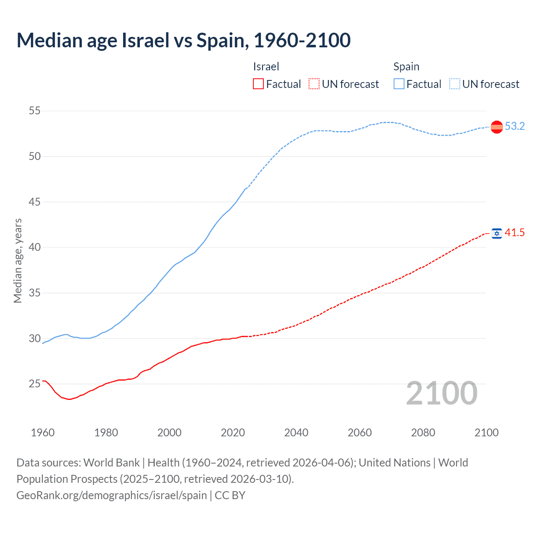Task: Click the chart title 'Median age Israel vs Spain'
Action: coord(183,40)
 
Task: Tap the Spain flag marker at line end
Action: coord(497,126)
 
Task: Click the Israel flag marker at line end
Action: coord(497,233)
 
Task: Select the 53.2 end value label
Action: coord(515,126)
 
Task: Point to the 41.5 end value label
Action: coord(515,233)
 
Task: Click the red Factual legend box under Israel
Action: coord(258,84)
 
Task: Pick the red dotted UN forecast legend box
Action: coord(314,84)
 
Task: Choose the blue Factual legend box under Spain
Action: coord(399,84)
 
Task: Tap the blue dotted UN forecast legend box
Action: coord(455,84)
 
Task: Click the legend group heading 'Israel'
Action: coord(266,67)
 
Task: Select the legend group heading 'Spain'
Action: coord(406,67)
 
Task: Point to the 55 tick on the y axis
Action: coord(34,111)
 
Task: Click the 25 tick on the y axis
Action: coord(34,384)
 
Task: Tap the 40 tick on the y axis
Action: coord(34,247)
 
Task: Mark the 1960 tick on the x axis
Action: coord(43,433)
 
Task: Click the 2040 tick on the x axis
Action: coord(296,433)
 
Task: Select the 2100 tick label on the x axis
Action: coord(486,433)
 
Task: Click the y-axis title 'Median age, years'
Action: coord(18,260)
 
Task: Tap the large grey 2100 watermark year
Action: coord(441,393)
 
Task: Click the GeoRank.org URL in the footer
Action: coord(112,495)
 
